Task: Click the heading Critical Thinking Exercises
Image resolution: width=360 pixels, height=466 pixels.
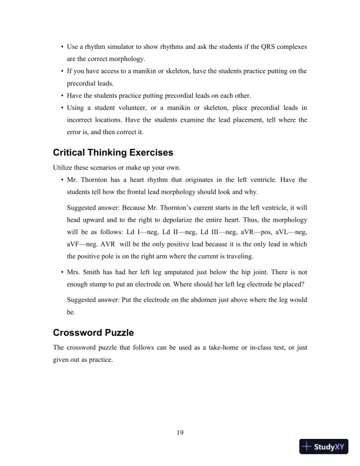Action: pos(113,152)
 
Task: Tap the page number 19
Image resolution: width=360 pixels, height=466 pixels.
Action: pos(180,434)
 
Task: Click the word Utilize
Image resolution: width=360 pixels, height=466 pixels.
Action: pos(64,167)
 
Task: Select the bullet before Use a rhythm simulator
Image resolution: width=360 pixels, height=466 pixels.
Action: pos(62,46)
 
